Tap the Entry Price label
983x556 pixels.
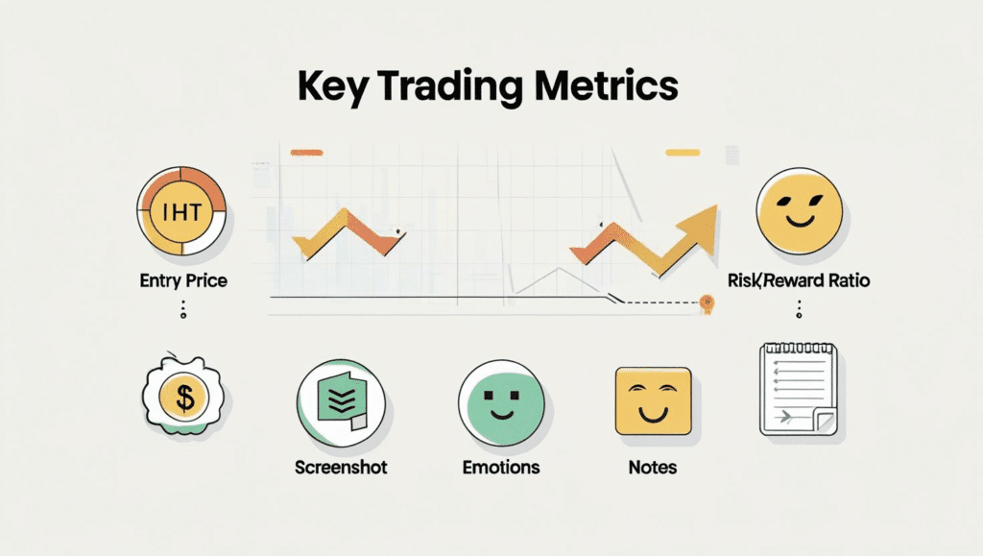pos(183,281)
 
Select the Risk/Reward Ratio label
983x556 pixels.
pos(799,281)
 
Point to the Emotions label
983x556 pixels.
pos(501,468)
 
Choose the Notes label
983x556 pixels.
pos(654,468)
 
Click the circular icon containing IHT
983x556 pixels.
pos(181,212)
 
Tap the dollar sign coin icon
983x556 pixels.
pos(181,394)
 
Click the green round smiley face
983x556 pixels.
pos(500,400)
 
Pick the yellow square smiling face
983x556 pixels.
pos(653,399)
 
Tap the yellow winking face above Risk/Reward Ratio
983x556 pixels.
pos(799,212)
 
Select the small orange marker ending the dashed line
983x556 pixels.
pos(707,303)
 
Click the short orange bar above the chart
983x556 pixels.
pos(305,152)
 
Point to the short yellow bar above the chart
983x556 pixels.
pos(683,152)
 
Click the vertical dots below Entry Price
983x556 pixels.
pos(183,310)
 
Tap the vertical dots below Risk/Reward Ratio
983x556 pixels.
pos(799,310)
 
